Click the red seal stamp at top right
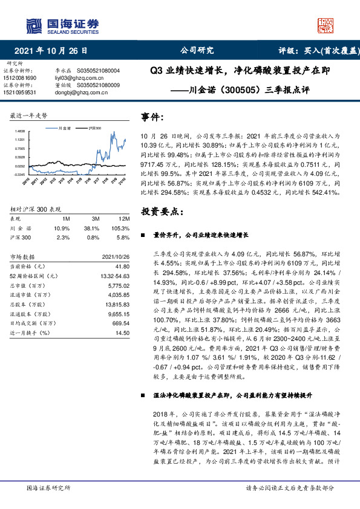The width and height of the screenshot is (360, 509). click(326, 25)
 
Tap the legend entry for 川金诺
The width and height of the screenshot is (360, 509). click(65, 128)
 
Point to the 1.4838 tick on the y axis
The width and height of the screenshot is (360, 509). click(20, 131)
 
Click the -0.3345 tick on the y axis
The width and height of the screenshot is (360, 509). click(20, 174)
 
